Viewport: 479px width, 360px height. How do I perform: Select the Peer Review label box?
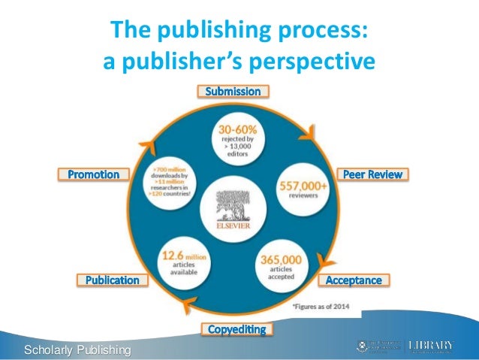372,174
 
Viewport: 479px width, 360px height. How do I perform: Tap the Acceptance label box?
353,280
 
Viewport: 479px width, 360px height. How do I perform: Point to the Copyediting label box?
236,329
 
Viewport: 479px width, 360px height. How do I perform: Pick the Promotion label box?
94,174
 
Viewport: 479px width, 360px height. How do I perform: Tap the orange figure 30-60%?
236,127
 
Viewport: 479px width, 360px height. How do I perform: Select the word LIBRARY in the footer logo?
433,345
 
